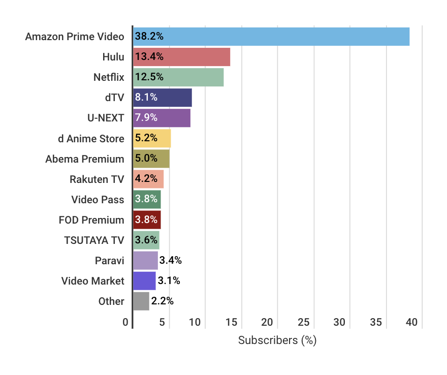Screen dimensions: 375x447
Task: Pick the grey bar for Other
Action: tap(141, 301)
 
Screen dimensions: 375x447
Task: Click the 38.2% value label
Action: tap(149, 37)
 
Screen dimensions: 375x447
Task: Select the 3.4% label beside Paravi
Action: tap(170, 261)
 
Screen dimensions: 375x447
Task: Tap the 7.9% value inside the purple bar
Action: tap(146, 118)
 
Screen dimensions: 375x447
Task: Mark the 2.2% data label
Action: tap(163, 301)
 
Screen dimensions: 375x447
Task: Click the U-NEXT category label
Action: tap(106, 118)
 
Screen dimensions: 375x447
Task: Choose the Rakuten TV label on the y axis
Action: tap(97, 179)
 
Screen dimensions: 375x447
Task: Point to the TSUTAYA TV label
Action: tap(94, 240)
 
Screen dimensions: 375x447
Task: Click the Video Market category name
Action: tap(92, 280)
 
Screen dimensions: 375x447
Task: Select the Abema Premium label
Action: tap(84, 159)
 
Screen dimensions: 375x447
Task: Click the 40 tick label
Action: tap(411, 322)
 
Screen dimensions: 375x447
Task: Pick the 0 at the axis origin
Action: tap(125, 322)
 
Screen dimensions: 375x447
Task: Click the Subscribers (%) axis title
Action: tap(277, 340)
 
